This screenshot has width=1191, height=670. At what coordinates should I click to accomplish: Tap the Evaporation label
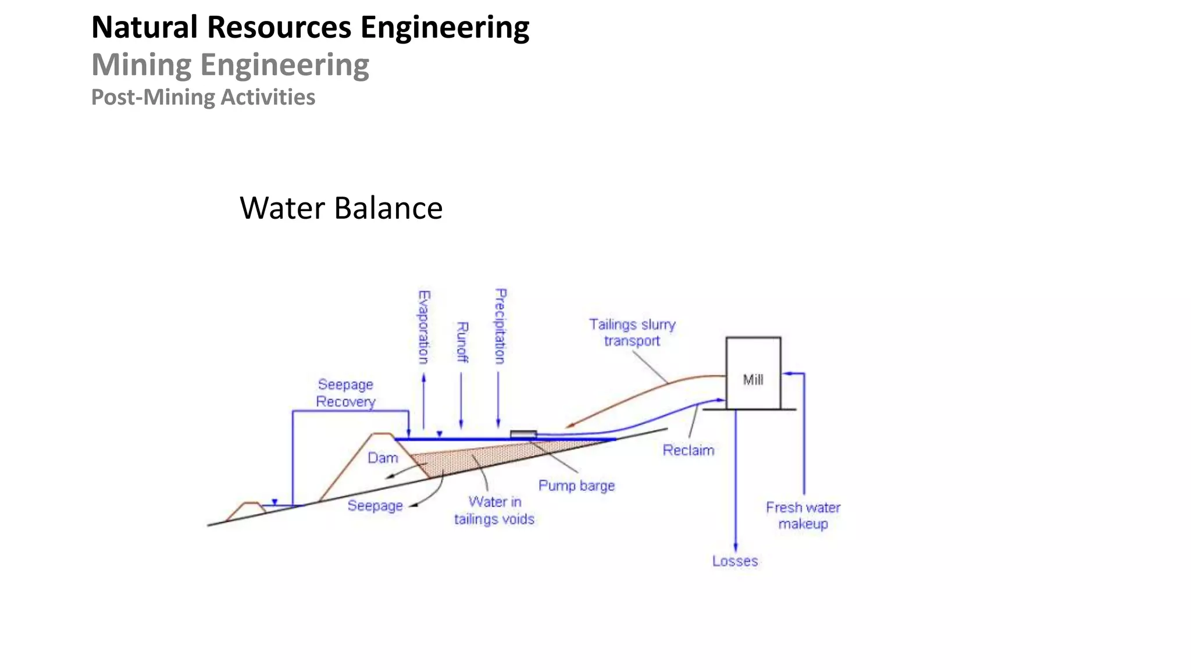coord(424,327)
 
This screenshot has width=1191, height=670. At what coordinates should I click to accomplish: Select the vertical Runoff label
coord(462,342)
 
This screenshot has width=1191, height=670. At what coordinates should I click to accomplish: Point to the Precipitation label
coord(500,326)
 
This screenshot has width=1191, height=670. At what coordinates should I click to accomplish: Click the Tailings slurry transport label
coord(632,333)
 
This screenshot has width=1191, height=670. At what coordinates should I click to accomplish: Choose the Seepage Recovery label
coord(345,393)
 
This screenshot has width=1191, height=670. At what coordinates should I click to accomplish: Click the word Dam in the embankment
coord(383,458)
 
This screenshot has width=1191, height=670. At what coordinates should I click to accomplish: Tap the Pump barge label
coord(576,486)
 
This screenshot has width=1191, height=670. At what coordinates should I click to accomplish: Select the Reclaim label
coord(688,450)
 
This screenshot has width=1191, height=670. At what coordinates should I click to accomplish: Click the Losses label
coord(735,561)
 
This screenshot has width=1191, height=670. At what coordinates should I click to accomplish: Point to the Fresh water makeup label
coord(803,516)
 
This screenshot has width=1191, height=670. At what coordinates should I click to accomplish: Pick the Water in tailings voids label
coord(494,510)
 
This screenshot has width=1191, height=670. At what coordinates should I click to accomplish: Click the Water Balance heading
coord(341,208)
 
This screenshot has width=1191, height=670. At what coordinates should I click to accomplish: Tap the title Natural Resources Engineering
coord(310,27)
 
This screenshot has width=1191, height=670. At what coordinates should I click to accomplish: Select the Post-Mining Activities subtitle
coord(203,97)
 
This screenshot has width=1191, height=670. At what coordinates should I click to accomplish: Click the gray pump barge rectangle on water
coord(523,434)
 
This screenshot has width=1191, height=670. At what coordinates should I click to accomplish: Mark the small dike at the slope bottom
coord(250,509)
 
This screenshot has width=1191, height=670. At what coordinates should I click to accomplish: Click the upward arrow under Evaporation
coord(423,401)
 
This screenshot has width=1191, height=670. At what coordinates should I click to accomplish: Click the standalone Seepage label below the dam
coord(375,506)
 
